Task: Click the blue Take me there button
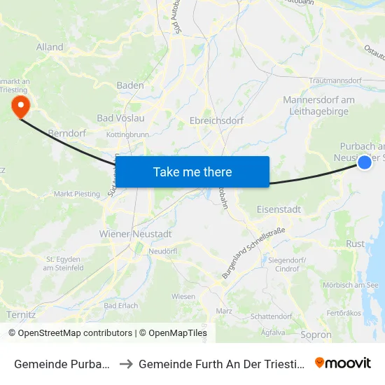[x=192, y=171]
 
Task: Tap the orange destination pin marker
[x=20, y=106]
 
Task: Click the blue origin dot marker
[x=365, y=162]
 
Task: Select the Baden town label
[x=130, y=85]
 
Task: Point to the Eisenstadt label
[x=279, y=209]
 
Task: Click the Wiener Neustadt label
[x=136, y=234]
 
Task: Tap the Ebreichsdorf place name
[x=216, y=120]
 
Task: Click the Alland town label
[x=50, y=48]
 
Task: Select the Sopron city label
[x=316, y=335]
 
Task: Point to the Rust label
[x=356, y=244]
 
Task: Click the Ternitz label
[x=21, y=315]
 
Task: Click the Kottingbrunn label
[x=127, y=134]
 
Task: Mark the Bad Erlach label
[x=122, y=306]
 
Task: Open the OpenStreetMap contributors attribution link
[x=70, y=333]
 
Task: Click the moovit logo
[x=343, y=363]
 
